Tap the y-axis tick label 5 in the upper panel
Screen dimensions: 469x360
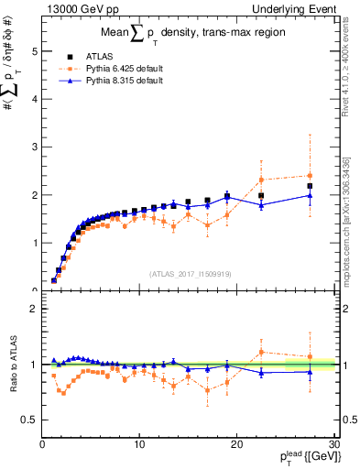pyautogui.click(x=34, y=52)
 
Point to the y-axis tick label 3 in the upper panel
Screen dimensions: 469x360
pyautogui.click(x=34, y=147)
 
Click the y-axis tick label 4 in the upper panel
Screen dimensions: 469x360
pyautogui.click(x=34, y=100)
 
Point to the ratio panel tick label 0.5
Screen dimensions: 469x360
pyautogui.click(x=29, y=420)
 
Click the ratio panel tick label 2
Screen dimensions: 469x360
pyautogui.click(x=34, y=309)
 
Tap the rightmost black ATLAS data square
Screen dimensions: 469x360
pyautogui.click(x=310, y=186)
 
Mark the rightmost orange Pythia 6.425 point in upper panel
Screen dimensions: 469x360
pyautogui.click(x=310, y=176)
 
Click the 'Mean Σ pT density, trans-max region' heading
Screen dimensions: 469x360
pyautogui.click(x=188, y=34)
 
